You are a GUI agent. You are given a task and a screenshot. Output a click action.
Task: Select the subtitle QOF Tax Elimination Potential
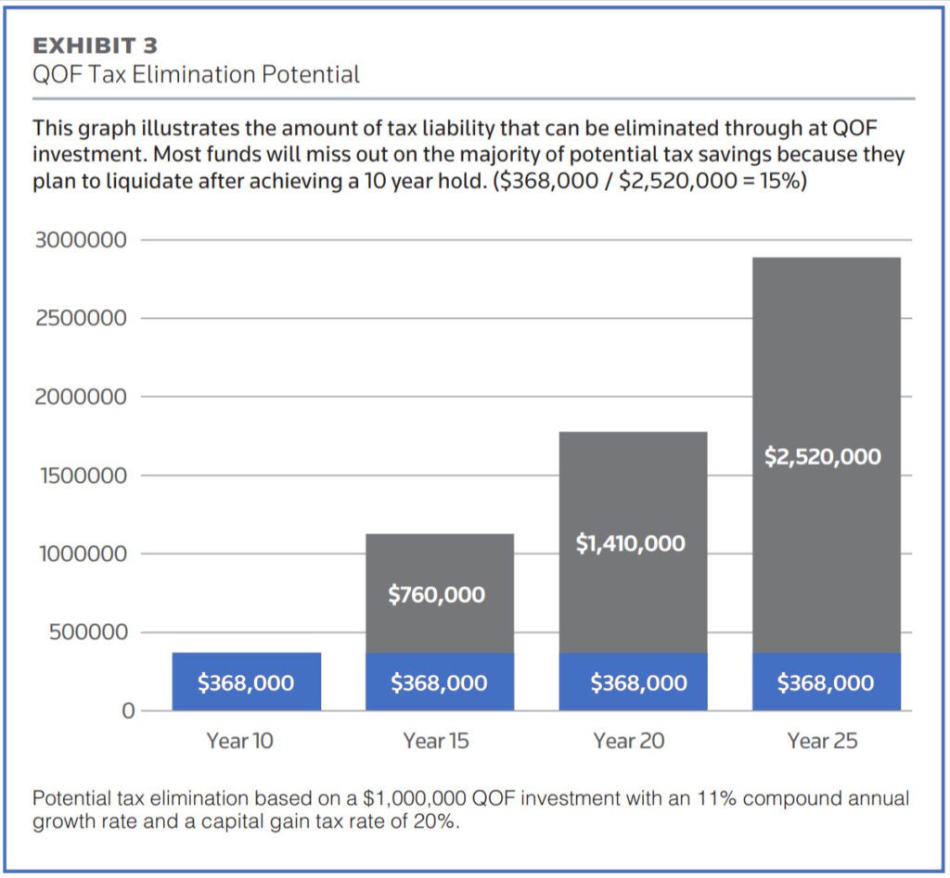point(196,74)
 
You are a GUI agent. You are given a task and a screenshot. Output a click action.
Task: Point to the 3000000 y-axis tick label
point(80,240)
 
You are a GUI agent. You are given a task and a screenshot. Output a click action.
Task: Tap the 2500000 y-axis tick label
point(80,319)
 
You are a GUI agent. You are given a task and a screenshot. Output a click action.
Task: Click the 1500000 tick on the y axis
point(80,476)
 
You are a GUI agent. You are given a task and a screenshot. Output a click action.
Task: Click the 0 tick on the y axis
point(129,711)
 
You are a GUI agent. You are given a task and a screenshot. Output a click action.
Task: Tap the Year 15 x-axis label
point(436,741)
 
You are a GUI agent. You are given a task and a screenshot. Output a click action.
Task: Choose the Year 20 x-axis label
point(629,741)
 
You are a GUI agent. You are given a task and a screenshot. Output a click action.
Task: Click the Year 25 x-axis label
point(823,741)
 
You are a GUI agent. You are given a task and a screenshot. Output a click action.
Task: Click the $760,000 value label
point(436,594)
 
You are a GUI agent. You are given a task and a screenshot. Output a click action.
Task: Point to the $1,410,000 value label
point(630,543)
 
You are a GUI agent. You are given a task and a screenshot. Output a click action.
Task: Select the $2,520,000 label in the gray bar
point(823,456)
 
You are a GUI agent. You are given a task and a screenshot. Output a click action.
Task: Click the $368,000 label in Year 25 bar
point(825,683)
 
